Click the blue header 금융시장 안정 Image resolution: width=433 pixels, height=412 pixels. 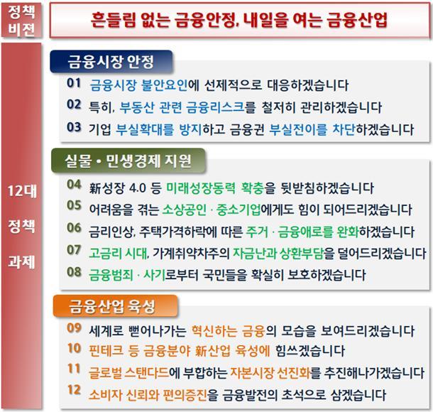tap(111, 62)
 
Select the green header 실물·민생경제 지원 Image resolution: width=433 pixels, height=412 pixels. tap(128, 161)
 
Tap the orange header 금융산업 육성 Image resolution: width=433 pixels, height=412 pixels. tap(115, 306)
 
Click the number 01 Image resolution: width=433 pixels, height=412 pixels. tap(74, 83)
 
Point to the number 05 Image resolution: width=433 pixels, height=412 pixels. tap(74, 205)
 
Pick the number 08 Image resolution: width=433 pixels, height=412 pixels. tap(74, 272)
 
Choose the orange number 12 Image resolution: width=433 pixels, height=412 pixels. tap(74, 389)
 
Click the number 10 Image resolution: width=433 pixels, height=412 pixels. tap(74, 348)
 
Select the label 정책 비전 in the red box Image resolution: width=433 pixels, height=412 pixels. tap(21, 20)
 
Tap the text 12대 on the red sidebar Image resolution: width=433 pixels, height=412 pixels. tap(22, 191)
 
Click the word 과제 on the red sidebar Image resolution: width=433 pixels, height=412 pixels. tap(21, 261)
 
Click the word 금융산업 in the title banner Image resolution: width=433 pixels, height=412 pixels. tap(357, 20)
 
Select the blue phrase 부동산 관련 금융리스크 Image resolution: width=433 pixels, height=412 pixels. tap(182, 107)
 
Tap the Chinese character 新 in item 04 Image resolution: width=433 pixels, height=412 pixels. tap(94, 188)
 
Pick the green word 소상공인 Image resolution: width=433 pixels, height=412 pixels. tap(184, 210)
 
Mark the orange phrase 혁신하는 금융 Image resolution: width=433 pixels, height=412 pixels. tap(228, 331)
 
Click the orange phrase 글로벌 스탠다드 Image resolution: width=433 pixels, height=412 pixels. tap(128, 373)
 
